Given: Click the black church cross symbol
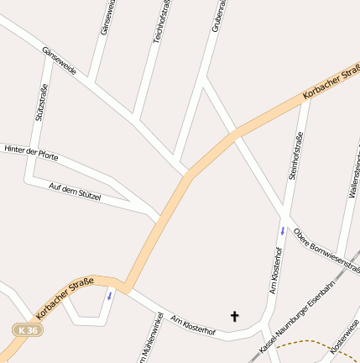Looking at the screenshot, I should coord(234,316).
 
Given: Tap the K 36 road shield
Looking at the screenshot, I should coord(26,331).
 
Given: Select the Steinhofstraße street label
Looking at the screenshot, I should coord(295,156).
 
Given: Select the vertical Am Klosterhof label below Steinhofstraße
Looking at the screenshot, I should coord(274,271).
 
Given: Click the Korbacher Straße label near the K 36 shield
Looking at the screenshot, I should coord(65,298).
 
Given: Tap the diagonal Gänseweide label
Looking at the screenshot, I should coord(60,60).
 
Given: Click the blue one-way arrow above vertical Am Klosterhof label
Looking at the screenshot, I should coord(283,229).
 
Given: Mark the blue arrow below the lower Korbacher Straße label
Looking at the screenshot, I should coord(109,295).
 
